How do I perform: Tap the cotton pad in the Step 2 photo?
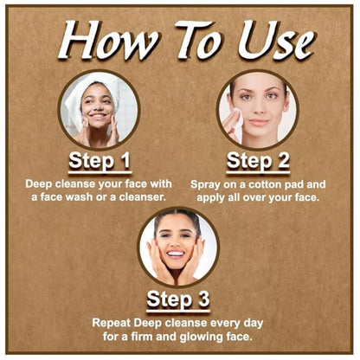click(238, 119)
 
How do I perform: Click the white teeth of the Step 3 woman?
click(176, 254)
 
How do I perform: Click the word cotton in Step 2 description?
click(265, 184)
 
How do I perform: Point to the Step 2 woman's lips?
click(259, 122)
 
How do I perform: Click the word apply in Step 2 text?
click(209, 198)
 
